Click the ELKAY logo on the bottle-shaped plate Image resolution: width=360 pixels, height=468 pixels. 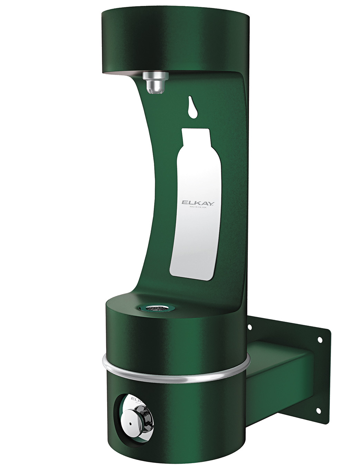(x=199, y=203)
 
